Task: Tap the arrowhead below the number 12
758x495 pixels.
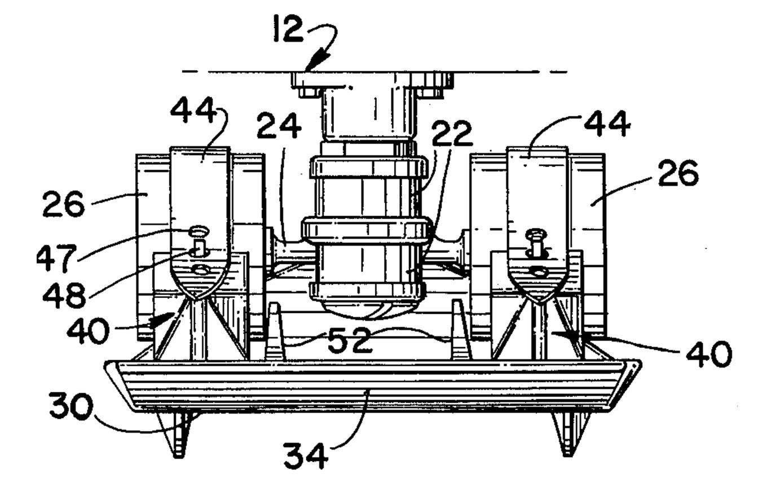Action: pos(317,60)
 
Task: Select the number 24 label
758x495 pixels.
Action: pos(279,126)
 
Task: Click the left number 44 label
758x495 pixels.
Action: pos(193,111)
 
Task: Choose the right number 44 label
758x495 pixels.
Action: pos(607,124)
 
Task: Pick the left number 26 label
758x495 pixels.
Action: pos(63,204)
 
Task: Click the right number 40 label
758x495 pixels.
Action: pos(709,354)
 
